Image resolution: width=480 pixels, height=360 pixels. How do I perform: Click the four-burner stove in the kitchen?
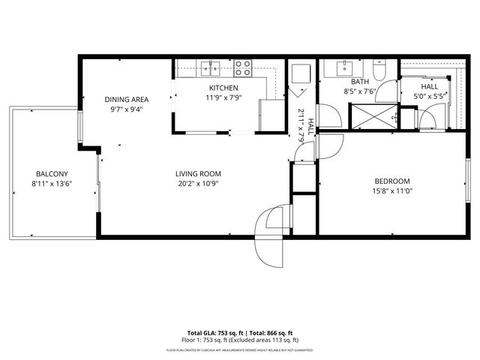(x=243, y=68)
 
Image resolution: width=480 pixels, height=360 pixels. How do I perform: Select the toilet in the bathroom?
(x=380, y=70)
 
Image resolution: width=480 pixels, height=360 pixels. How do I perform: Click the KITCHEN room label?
(x=223, y=88)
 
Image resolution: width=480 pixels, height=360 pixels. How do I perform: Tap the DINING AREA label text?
(x=126, y=99)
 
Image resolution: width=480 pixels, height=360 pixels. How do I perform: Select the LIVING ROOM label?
(x=199, y=174)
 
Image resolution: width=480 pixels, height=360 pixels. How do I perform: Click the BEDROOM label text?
(x=392, y=181)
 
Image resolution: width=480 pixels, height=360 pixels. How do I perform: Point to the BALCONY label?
(x=49, y=174)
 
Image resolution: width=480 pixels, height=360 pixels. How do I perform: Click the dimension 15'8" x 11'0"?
(x=392, y=191)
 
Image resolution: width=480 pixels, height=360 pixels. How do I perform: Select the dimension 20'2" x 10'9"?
(x=199, y=184)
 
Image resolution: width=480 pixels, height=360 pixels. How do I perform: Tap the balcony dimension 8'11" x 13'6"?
(x=49, y=184)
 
